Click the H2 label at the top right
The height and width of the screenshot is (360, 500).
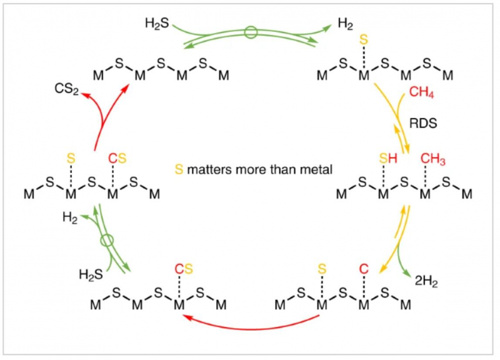pyautogui.click(x=345, y=24)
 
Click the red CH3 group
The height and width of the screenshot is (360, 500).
pyautogui.click(x=433, y=161)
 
